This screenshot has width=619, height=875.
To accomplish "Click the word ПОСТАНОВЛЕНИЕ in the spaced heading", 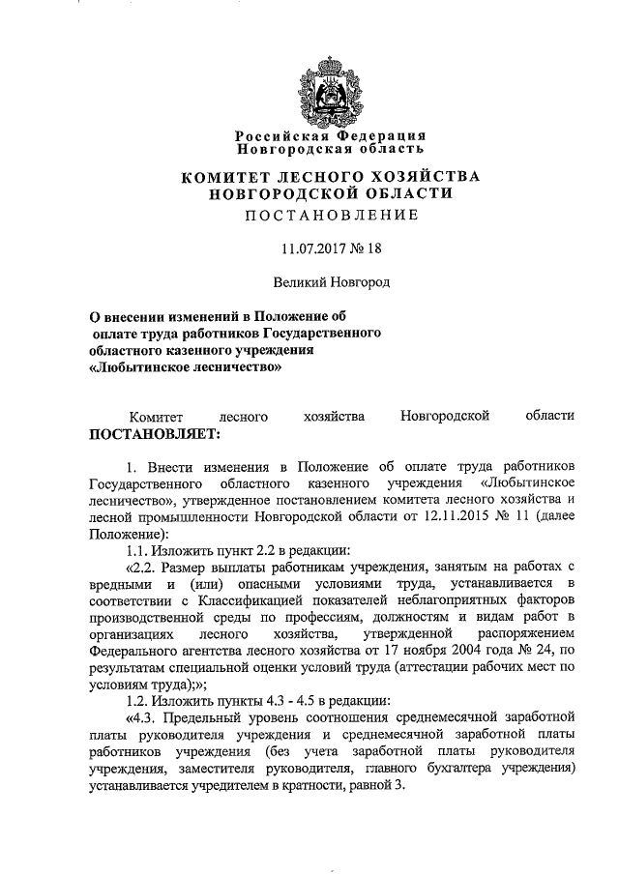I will (330, 217).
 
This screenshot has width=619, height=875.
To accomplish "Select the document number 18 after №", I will (373, 249).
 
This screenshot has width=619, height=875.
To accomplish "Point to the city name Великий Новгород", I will (329, 282).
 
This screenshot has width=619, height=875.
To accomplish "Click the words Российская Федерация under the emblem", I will (330, 136).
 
